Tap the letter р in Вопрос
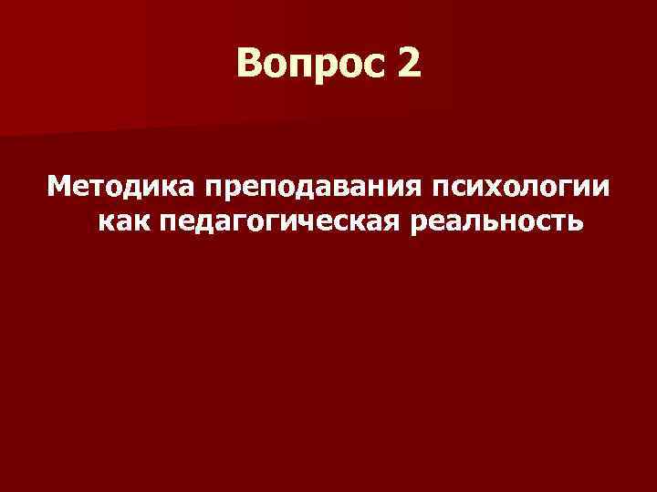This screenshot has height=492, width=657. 332,67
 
